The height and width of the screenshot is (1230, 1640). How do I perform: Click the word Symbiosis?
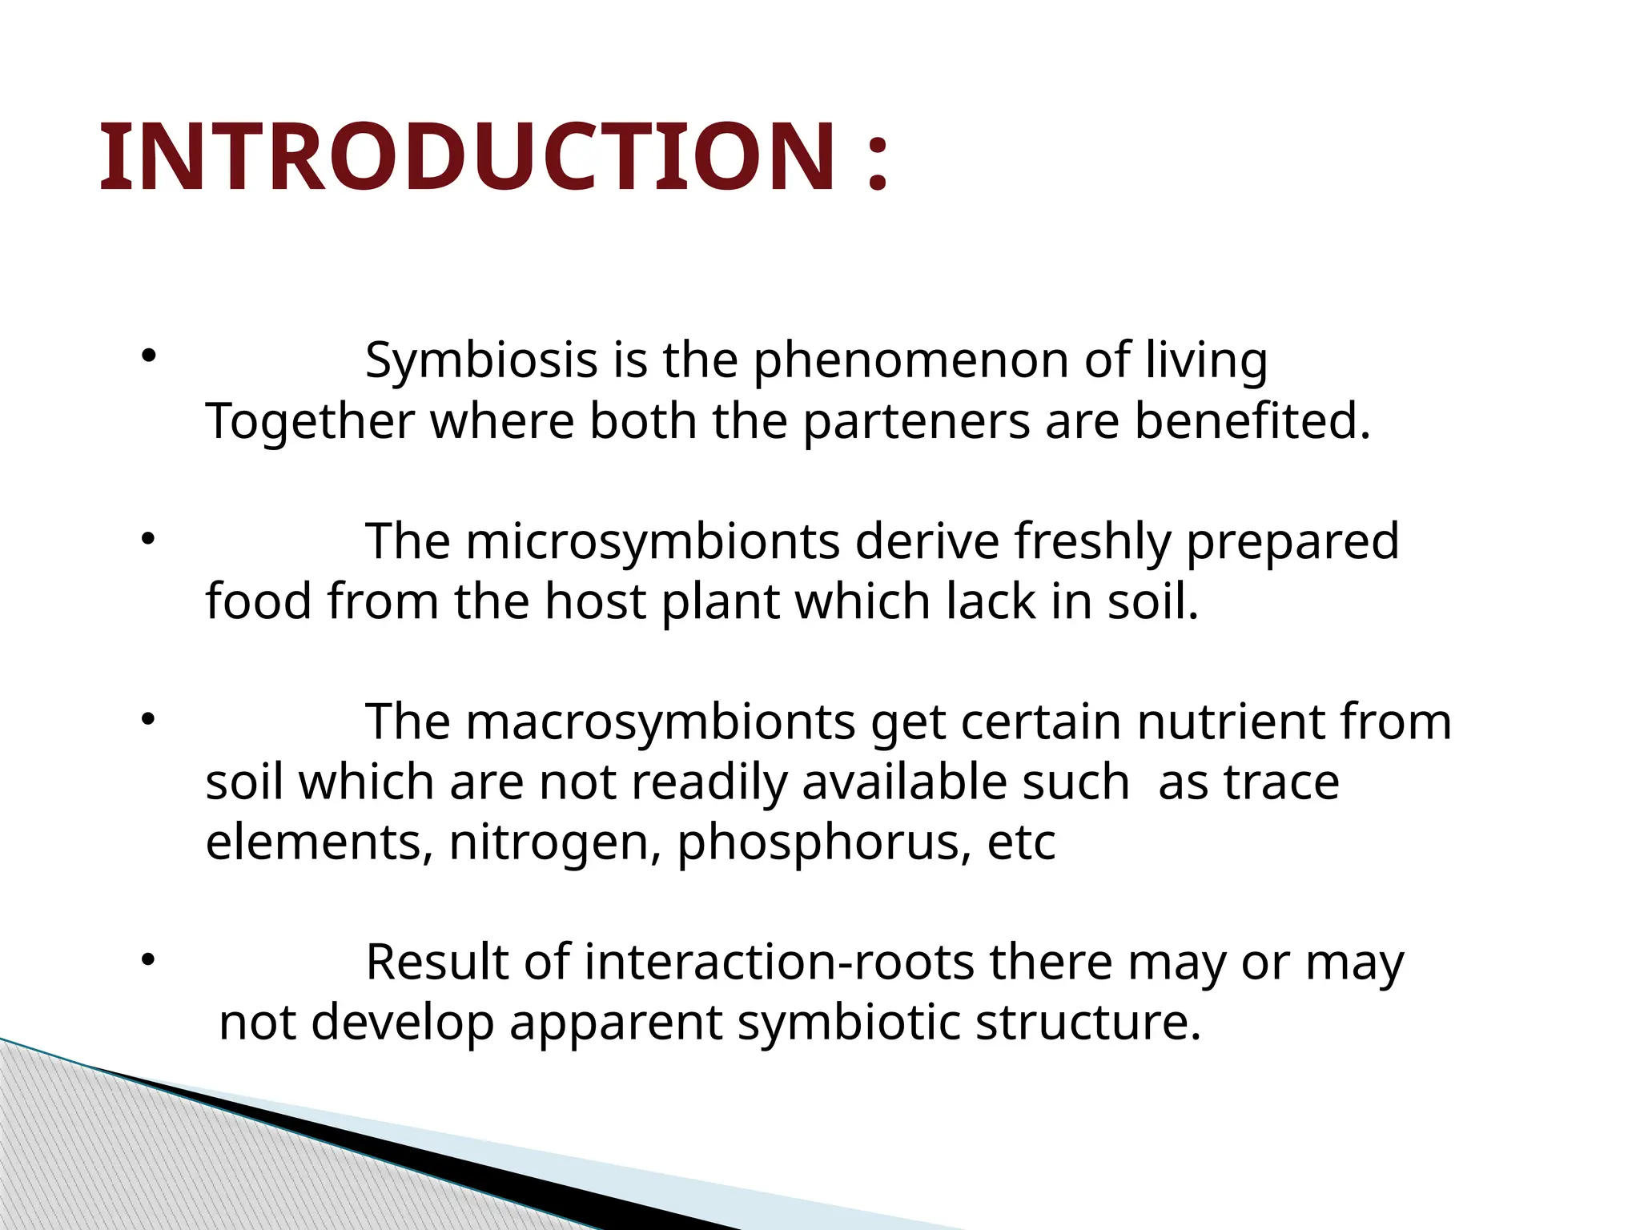481,360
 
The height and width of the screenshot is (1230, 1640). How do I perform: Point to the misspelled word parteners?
916,422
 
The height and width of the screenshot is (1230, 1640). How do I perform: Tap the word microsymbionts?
653,541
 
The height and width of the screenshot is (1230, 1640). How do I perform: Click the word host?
595,601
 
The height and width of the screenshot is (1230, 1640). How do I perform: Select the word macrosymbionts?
661,722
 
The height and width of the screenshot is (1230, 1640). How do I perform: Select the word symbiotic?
849,1023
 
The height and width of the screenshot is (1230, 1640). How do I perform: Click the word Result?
437,963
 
